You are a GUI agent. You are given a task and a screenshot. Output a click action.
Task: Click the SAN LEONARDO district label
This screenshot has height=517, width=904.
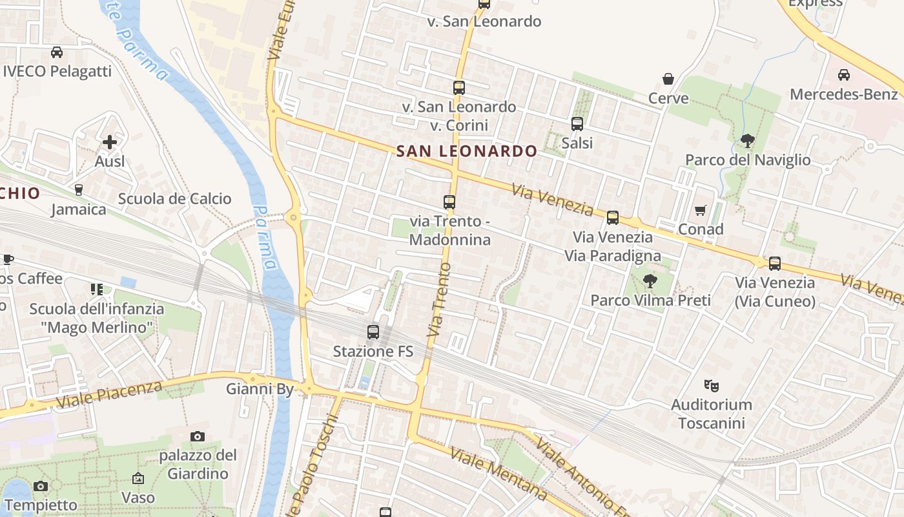[x=466, y=151]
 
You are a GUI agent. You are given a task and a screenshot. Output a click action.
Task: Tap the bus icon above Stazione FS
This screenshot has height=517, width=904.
[x=373, y=332]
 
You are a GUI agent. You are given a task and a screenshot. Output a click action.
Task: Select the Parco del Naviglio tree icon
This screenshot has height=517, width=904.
[x=748, y=140]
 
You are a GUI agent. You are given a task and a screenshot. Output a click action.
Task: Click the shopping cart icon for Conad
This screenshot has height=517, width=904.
[x=701, y=210]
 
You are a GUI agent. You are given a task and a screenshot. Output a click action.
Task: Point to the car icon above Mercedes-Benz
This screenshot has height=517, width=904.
[x=843, y=75]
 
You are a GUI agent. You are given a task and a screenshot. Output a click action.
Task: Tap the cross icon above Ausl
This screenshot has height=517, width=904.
[x=110, y=142]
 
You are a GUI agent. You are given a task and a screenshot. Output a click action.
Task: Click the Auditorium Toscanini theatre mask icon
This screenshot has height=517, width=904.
[x=712, y=386]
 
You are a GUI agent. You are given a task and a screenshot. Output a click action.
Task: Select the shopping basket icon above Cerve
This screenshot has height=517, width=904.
[x=668, y=79]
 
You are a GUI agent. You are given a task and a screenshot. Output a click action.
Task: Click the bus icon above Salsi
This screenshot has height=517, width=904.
[x=577, y=123]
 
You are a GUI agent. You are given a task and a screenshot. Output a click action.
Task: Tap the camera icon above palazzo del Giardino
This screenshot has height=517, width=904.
[x=198, y=436]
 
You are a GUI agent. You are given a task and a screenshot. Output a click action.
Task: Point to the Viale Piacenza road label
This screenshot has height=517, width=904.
[x=109, y=394]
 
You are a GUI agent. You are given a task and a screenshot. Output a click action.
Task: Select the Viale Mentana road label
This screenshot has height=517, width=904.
[x=498, y=474]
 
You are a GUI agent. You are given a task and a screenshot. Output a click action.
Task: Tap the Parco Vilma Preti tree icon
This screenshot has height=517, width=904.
[x=650, y=281]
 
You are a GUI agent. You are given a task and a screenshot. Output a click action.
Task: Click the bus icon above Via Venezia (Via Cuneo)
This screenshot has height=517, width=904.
[x=775, y=263]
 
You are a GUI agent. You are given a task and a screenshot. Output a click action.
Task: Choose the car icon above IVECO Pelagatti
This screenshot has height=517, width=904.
[x=57, y=52]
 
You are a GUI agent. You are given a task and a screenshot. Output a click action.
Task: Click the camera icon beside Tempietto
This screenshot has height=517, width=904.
[x=40, y=486]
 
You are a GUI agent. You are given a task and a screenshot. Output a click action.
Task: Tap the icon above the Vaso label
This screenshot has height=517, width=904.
[x=138, y=478]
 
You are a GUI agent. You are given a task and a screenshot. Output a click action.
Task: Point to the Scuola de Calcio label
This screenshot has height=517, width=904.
[x=174, y=198]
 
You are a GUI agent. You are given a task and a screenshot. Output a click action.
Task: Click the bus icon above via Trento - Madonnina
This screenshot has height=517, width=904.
[x=449, y=202]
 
